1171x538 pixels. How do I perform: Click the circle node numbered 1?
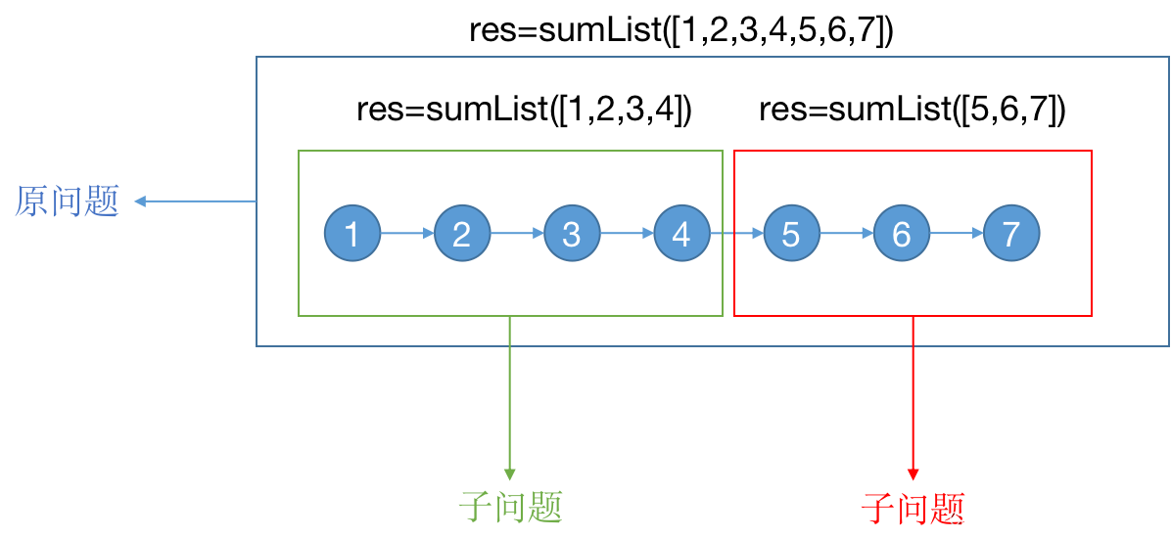click(352, 234)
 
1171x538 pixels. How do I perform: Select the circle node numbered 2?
click(462, 234)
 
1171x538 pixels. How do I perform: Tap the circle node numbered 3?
click(572, 234)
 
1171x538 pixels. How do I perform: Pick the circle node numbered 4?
click(681, 234)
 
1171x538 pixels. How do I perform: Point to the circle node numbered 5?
click(791, 234)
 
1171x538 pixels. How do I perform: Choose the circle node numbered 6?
click(901, 234)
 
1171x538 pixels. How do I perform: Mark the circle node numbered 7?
click(1011, 234)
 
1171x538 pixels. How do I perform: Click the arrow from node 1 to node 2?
click(407, 234)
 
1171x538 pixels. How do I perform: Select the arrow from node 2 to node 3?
click(517, 234)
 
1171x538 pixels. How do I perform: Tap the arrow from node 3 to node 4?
click(627, 234)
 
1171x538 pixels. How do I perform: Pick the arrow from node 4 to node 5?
click(736, 234)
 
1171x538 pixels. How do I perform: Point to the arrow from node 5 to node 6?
click(846, 234)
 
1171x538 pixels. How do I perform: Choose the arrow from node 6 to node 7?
click(956, 234)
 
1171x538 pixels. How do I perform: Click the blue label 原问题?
click(67, 202)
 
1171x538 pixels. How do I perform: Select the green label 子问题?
click(510, 507)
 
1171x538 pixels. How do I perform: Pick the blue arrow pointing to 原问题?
click(196, 202)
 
